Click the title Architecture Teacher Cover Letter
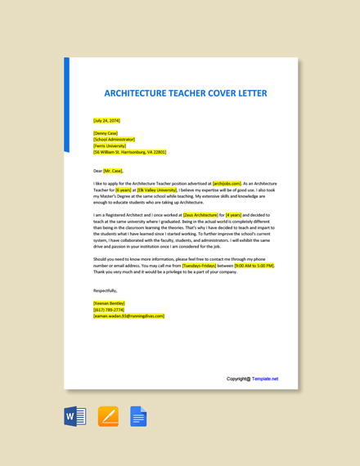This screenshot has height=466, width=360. pos(186,93)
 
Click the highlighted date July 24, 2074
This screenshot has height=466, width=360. pos(106,120)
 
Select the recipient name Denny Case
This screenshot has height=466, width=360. pos(106,132)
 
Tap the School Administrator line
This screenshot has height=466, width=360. pos(115,139)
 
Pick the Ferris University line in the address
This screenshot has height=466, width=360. pos(110,146)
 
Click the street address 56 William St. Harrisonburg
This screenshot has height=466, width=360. pos(130,152)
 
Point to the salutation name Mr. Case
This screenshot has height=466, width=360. pos(113,171)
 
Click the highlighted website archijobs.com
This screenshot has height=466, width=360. pos(227,184)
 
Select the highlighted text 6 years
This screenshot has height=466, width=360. pos(123,190)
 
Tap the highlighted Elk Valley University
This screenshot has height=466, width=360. pos(156,190)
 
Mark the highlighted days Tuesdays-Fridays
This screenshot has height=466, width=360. pos(199,266)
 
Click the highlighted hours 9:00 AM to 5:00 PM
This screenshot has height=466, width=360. pos(254,266)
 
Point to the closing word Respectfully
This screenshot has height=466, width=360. pos(105,290)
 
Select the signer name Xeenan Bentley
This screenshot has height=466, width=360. pos(109,303)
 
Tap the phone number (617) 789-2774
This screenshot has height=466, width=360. pos(109,310)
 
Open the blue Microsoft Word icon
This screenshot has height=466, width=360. pos(75,417)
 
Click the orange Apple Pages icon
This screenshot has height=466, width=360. pos(108,417)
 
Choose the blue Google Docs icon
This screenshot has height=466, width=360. pos(138,417)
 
